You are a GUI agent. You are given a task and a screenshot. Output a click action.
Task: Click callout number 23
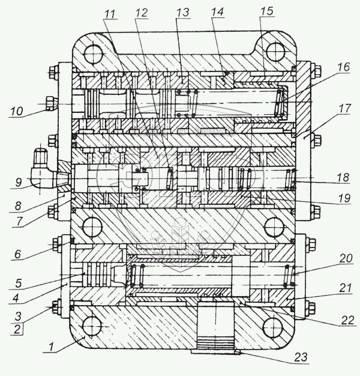tap(301, 357)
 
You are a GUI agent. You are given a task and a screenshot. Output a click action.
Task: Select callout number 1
tap(50, 347)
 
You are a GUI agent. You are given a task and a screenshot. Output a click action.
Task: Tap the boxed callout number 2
tap(17, 329)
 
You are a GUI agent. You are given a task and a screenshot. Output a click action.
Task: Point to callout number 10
tap(17, 111)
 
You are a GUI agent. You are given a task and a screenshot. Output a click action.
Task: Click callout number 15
tap(268, 11)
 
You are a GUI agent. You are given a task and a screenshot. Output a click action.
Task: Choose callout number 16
tap(344, 67)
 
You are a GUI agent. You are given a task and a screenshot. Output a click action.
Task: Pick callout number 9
tap(19, 183)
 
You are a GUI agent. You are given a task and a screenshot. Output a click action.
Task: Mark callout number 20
tap(346, 258)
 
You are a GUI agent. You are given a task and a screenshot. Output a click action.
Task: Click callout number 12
tap(141, 13)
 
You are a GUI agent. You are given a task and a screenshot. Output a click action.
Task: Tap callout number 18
tap(343, 177)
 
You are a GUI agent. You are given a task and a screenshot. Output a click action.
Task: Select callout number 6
tap(18, 254)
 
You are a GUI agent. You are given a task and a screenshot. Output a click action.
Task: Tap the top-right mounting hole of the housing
tap(275, 52)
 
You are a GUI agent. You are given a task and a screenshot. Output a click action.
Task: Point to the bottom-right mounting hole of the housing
tap(272, 327)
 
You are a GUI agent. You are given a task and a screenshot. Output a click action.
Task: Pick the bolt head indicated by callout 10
tap(51, 103)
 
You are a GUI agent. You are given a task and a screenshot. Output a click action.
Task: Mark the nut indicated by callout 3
tap(55, 307)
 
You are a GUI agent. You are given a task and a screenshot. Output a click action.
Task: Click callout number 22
tap(347, 320)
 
